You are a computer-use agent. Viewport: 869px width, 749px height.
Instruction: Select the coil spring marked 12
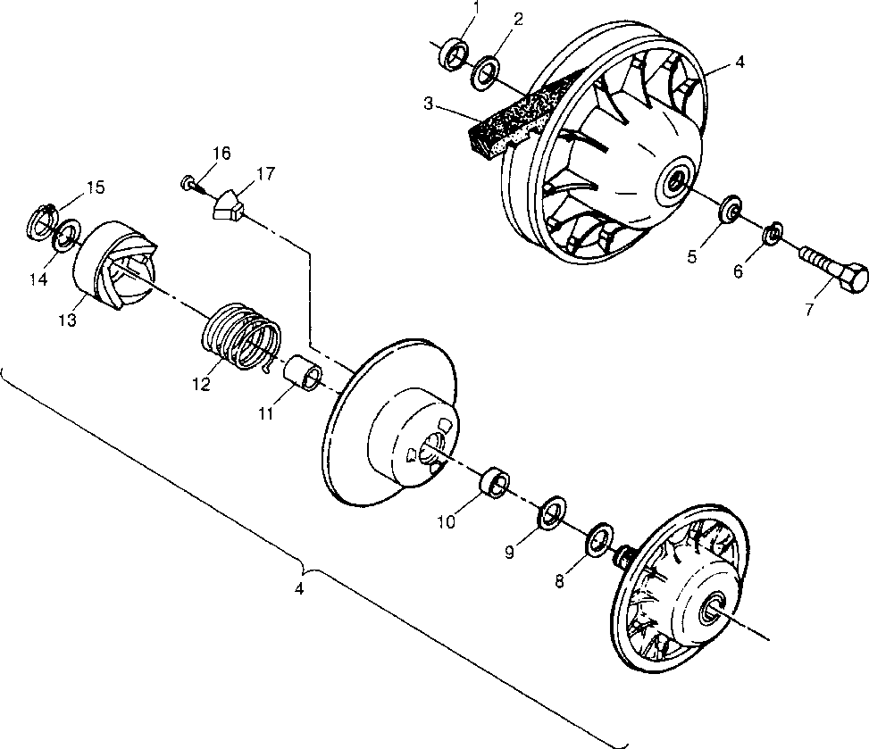coord(239,336)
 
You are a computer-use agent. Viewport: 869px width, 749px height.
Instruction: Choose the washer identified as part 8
coord(597,540)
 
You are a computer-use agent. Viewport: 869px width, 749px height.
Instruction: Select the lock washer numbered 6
coord(772,235)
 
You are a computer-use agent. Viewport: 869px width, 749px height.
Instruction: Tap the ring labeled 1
coord(455,53)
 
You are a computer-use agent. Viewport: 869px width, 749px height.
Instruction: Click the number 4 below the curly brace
coord(300,590)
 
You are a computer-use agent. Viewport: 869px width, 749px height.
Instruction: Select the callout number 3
coord(429,104)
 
